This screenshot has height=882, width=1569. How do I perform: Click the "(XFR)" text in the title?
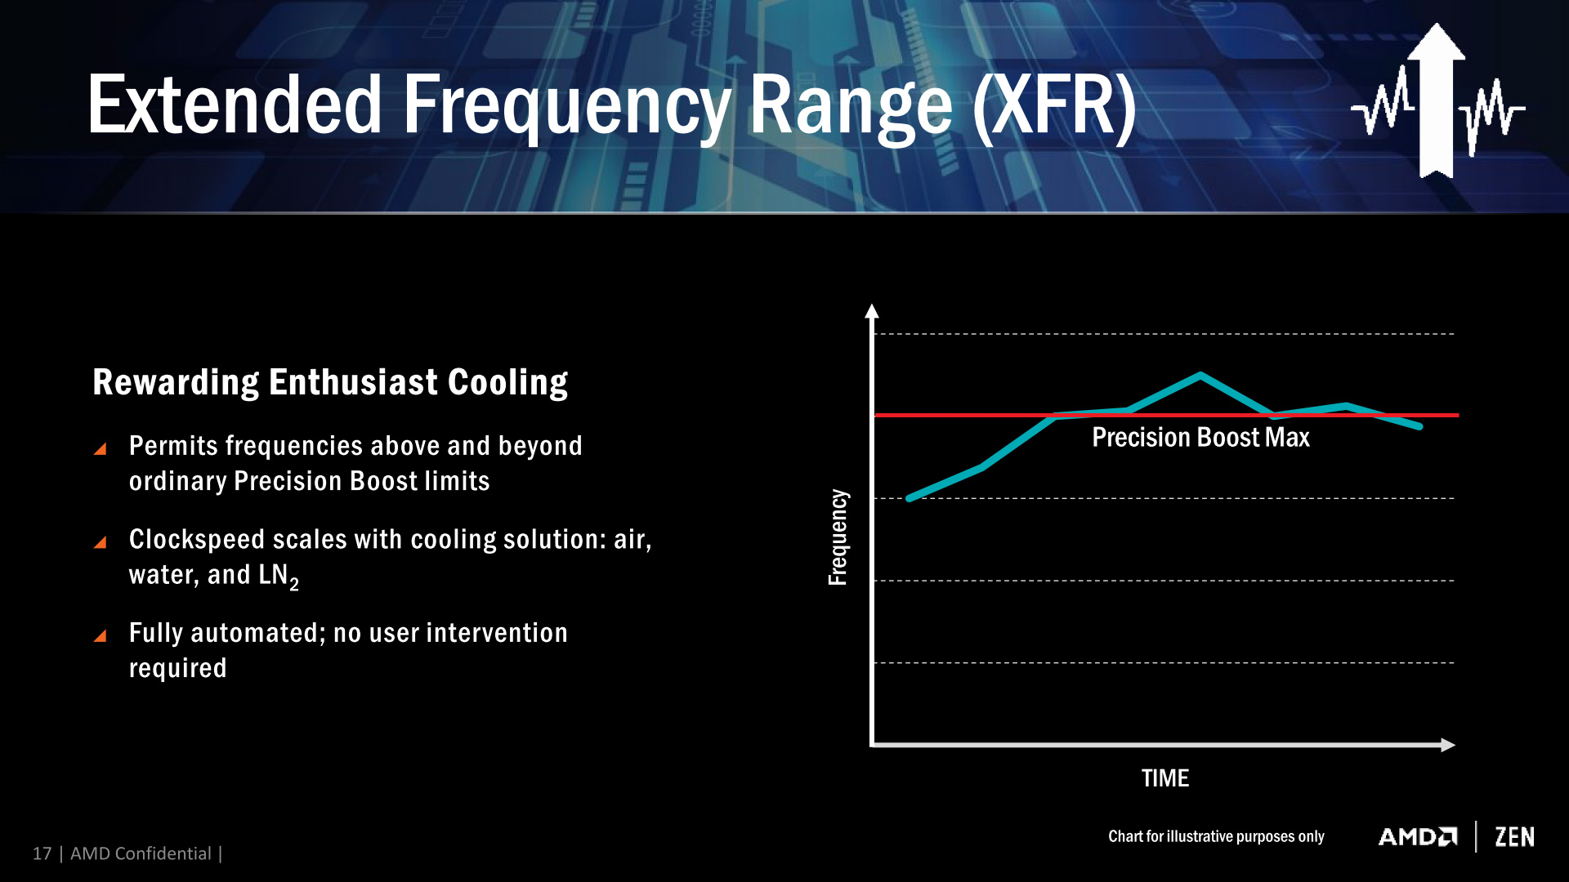[x=1054, y=105]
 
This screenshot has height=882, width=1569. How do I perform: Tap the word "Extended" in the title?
[x=235, y=105]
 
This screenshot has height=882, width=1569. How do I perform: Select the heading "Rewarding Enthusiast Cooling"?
[x=330, y=382]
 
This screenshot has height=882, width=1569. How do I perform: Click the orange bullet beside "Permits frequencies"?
[x=101, y=448]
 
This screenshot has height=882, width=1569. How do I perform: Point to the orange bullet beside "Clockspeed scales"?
[x=101, y=542]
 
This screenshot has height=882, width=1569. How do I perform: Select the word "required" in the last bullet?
[x=177, y=668]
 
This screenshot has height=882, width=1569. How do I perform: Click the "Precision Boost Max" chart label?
[x=1200, y=438]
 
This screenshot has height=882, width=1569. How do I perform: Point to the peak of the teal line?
[x=1200, y=376]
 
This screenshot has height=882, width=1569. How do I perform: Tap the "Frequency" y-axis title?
[x=838, y=537]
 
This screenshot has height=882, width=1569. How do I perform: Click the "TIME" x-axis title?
[x=1164, y=778]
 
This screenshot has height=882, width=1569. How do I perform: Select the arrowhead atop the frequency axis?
[x=872, y=311]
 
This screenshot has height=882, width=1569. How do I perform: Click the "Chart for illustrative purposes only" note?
[x=1216, y=836]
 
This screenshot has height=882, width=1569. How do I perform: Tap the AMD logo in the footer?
[x=1418, y=837]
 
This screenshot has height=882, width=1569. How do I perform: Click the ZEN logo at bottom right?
[x=1514, y=837]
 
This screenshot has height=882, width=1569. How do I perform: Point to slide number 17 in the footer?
[x=42, y=853]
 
